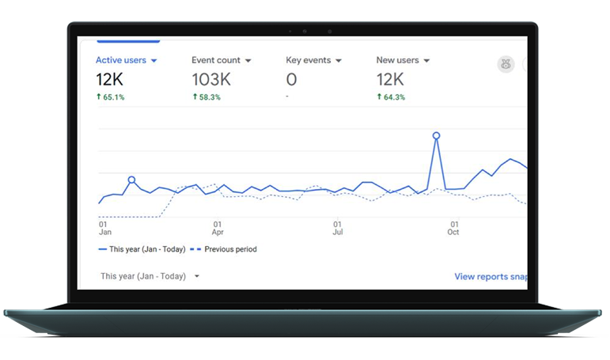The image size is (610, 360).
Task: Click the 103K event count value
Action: [x=211, y=79]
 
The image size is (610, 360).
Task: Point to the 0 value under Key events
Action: [x=291, y=79]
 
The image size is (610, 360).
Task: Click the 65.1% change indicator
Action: [x=111, y=97]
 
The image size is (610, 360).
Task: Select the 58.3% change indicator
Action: [x=206, y=97]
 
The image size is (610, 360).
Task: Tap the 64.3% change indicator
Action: [x=391, y=97]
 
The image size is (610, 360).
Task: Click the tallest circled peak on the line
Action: [x=436, y=135]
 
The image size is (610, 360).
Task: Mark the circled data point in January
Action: [x=131, y=180]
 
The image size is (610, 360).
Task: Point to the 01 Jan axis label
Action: [x=104, y=228]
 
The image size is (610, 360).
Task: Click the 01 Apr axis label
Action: [x=218, y=228]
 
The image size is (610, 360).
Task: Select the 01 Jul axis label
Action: [x=337, y=228]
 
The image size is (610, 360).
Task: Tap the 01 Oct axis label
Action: [x=453, y=228]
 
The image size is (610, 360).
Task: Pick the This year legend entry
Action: [x=142, y=249]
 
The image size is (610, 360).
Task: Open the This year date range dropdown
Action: [x=150, y=276]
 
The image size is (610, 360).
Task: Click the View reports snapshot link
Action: [x=491, y=277]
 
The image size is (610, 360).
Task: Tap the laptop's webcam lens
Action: [x=305, y=32]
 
